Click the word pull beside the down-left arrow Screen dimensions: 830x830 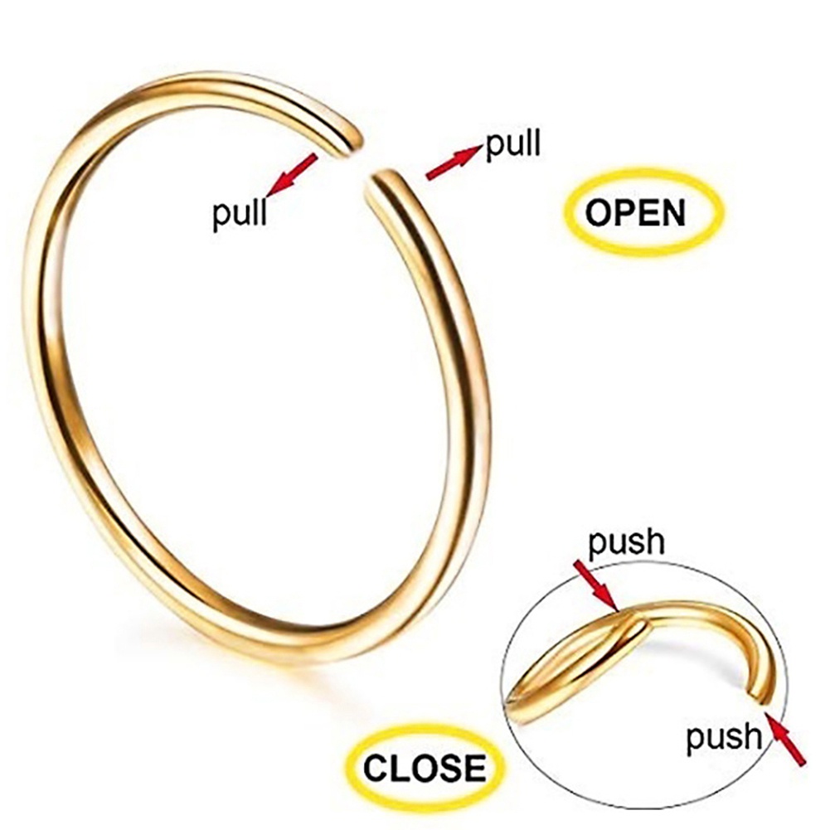coord(240,214)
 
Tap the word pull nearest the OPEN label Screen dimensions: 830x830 coord(512,144)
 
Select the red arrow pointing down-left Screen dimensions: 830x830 coord(291,173)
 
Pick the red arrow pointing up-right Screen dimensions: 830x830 coord(454,162)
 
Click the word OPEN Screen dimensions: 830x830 coord(635,213)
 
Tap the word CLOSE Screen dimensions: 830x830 coord(425,767)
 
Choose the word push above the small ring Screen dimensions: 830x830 coord(626,542)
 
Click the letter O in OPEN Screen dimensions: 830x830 coord(599,213)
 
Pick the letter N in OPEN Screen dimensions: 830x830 coord(672,213)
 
